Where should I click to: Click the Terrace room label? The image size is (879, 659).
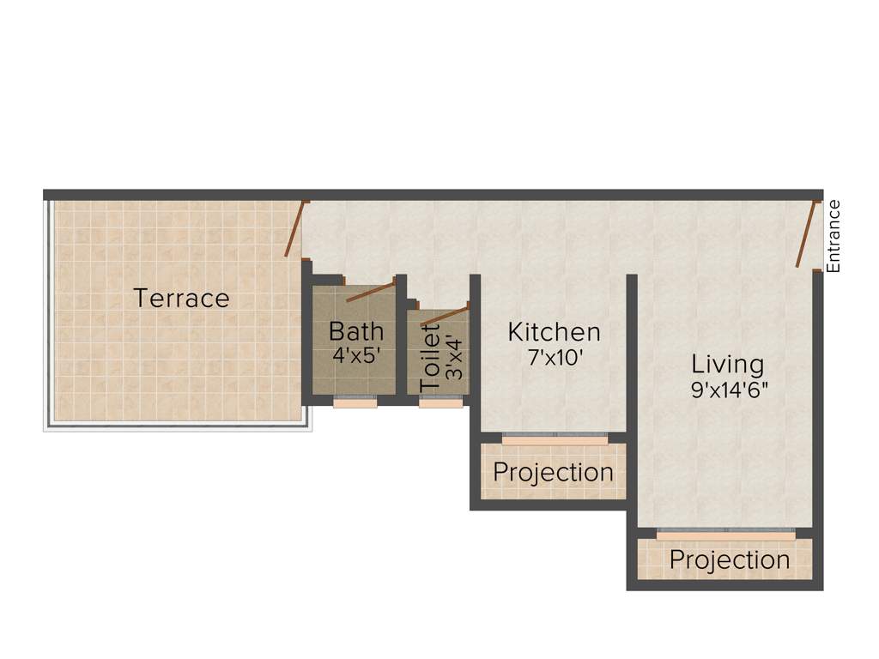point(181,299)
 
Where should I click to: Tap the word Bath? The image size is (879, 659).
point(356,330)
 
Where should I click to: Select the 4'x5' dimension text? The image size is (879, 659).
point(356,355)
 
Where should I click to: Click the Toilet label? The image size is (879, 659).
point(432,360)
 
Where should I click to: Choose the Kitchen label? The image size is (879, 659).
point(554,331)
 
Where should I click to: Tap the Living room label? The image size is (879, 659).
point(727,364)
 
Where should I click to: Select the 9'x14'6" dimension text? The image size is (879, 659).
point(729,390)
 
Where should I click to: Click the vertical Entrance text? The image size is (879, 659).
point(834,236)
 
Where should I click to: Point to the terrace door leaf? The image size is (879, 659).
point(294,229)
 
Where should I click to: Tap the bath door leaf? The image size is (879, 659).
point(371,290)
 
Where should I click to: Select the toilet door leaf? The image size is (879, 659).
point(446,314)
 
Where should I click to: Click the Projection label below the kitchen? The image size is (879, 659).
point(553,472)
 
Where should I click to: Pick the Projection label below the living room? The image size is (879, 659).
point(729,559)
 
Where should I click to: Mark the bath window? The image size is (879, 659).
point(355,401)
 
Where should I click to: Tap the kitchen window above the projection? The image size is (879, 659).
point(555,438)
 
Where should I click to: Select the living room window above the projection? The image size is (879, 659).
point(725,533)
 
